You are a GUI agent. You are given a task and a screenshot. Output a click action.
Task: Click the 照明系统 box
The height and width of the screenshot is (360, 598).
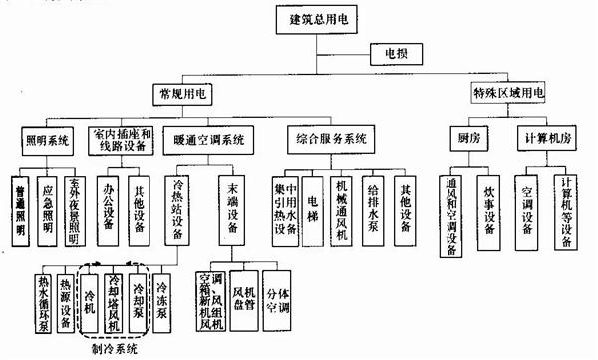(x=47, y=139)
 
